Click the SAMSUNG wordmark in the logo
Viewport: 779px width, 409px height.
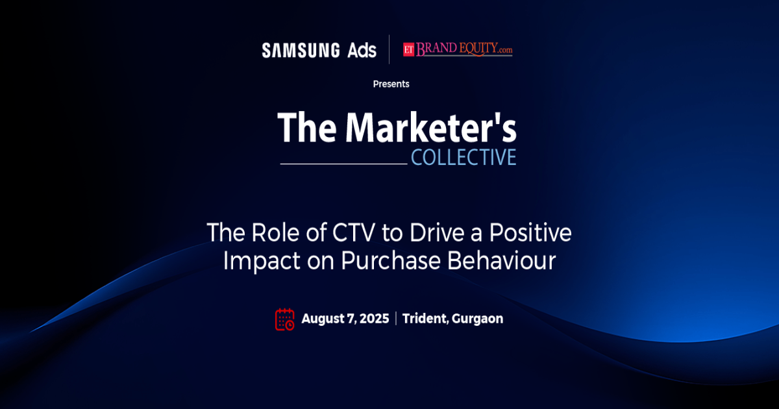301,50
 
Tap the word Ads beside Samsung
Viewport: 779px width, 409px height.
362,50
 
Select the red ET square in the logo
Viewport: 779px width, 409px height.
408,49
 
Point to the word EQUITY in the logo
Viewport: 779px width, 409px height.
479,48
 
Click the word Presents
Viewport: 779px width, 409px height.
391,84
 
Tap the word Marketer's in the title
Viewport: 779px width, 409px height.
431,127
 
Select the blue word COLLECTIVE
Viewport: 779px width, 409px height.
464,157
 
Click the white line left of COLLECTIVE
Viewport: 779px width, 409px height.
343,164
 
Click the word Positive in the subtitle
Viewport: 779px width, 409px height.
530,232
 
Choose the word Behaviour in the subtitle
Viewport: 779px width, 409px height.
501,260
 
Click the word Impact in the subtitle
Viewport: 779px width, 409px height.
262,261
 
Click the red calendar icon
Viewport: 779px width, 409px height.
285,319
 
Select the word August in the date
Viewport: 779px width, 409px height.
323,319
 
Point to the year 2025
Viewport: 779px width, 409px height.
374,319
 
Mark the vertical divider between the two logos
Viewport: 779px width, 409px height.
389,49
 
